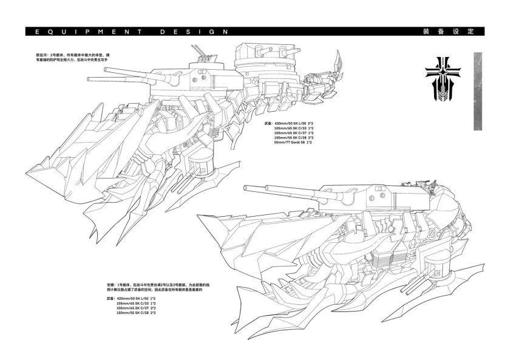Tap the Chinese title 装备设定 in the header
tap(452, 32)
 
